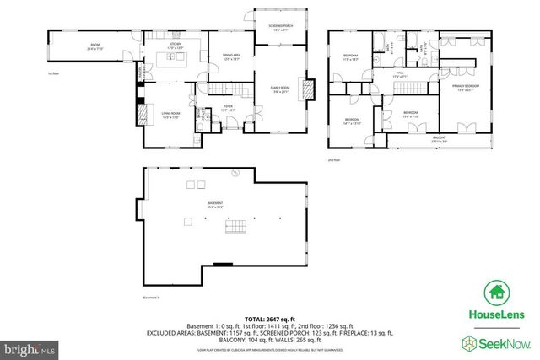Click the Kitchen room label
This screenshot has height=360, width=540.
(x=175, y=45)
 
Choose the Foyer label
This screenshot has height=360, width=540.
(x=228, y=107)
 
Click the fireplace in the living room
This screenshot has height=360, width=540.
(x=140, y=113)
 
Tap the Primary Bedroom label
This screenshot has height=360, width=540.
(x=466, y=86)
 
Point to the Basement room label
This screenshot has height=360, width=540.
(x=204, y=204)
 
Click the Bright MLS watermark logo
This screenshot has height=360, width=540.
(x=30, y=347)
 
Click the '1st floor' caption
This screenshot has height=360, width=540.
(x=53, y=73)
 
